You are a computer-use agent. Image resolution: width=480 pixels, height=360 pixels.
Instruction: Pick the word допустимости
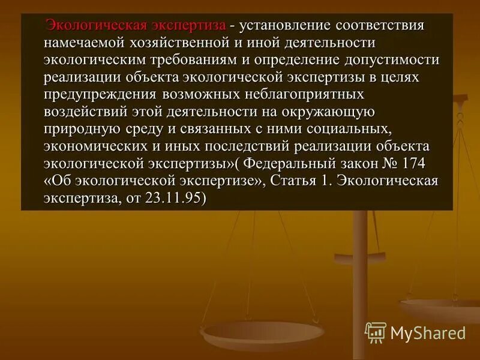click(x=392, y=60)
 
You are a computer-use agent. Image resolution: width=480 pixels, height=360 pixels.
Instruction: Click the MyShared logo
click(x=415, y=332)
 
